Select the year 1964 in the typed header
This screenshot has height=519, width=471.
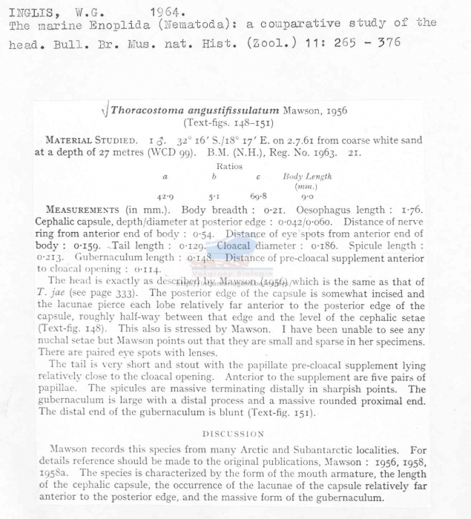point(168,12)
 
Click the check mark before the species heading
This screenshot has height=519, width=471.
point(104,112)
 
